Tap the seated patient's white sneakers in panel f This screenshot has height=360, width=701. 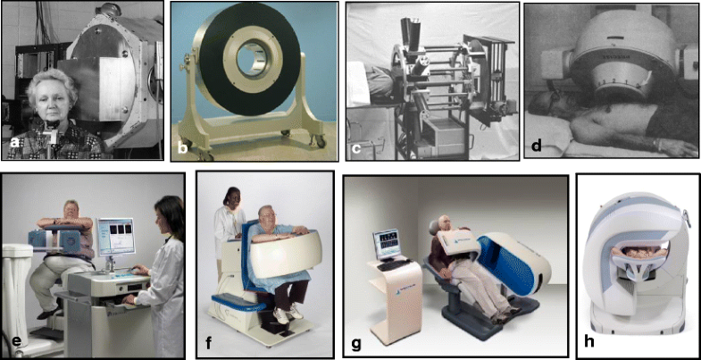[287, 314]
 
